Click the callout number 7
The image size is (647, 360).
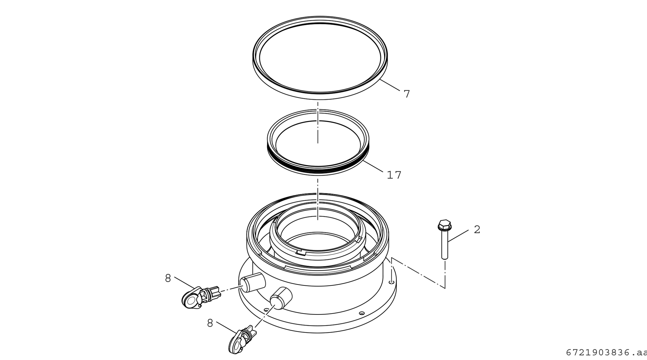[x=407, y=94]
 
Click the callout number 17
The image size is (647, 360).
[x=394, y=175]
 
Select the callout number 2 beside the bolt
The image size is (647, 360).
[x=477, y=230]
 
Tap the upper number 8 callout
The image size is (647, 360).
[x=168, y=278]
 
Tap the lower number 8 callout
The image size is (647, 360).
[x=210, y=323]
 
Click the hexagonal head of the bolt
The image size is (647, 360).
[x=445, y=224]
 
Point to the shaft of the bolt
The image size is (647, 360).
[x=445, y=245]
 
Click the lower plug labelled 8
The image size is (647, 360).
[x=242, y=340]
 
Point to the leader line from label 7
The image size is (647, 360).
[x=390, y=85]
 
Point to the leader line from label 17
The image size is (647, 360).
[x=373, y=166]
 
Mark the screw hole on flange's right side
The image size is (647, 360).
[x=391, y=282]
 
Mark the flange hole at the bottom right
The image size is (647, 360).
[x=362, y=313]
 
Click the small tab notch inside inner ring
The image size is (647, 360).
[x=301, y=252]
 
